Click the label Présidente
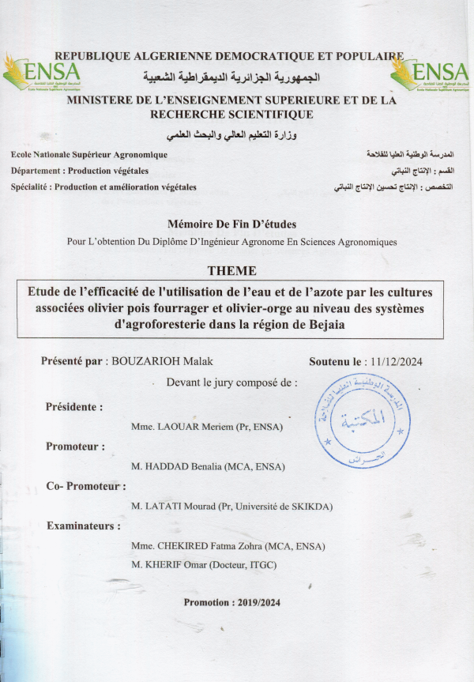click(74, 407)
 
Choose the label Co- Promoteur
click(85, 486)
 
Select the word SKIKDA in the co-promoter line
click(309, 506)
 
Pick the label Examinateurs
click(85, 526)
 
